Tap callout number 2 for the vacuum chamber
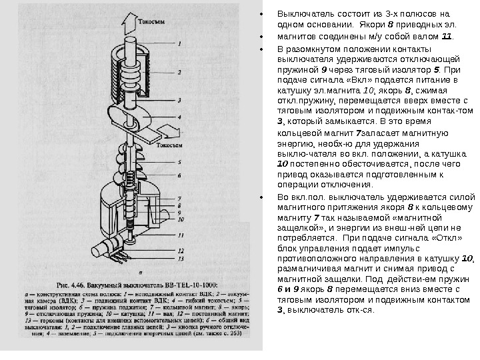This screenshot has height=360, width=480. pos(177,71)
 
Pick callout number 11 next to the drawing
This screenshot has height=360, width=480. pos(181,235)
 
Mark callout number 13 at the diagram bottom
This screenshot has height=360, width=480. pos(181,257)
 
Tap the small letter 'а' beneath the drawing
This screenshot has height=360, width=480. pos(137,272)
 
